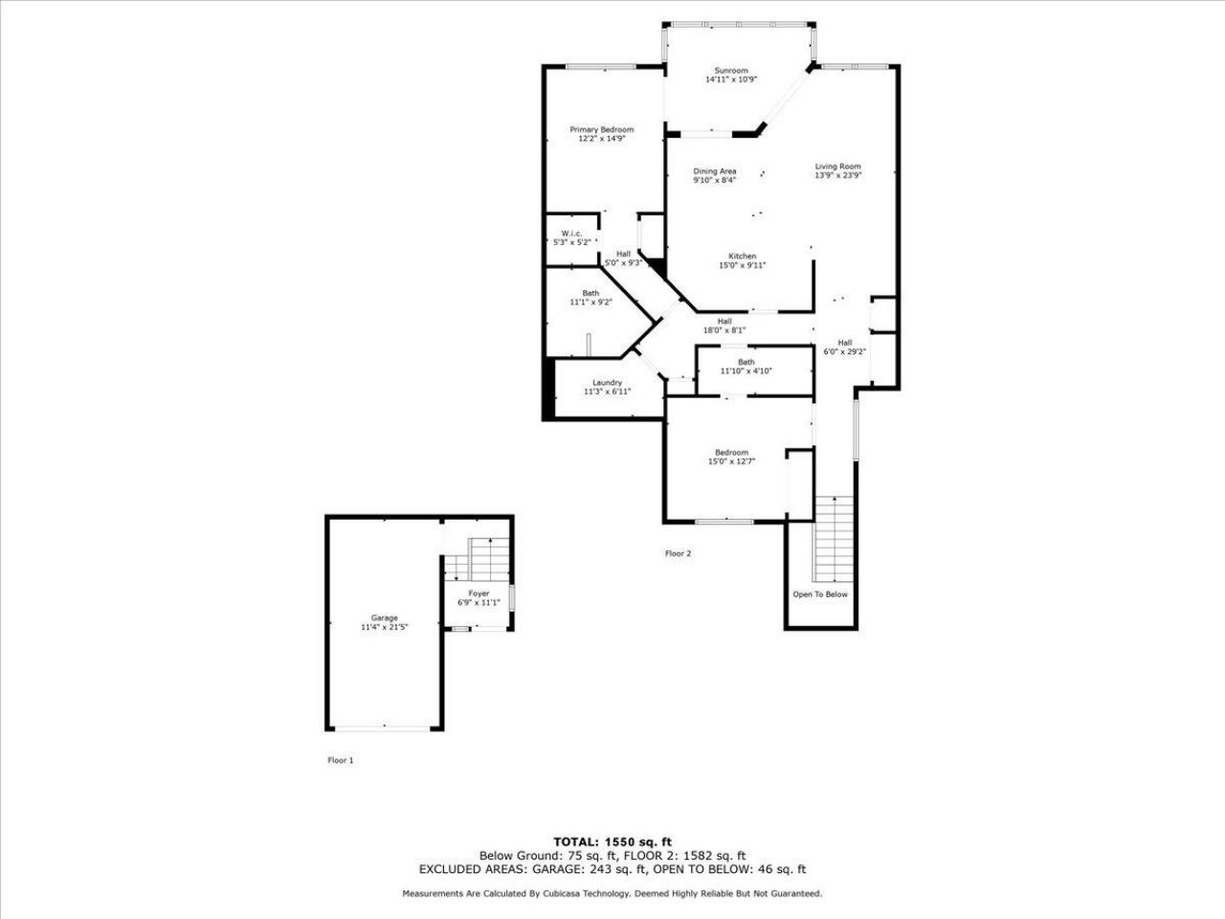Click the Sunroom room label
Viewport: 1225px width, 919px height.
(x=731, y=71)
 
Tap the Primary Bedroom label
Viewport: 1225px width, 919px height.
(x=602, y=130)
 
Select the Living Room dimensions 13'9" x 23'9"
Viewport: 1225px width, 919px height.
(x=838, y=175)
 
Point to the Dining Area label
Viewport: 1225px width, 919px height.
(x=715, y=171)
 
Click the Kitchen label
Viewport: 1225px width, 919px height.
(x=743, y=257)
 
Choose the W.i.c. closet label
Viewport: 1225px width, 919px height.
(x=572, y=235)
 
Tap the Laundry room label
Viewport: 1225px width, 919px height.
(x=607, y=383)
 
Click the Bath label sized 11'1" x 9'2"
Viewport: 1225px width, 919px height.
(x=590, y=293)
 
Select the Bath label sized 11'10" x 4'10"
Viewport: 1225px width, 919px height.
(x=746, y=362)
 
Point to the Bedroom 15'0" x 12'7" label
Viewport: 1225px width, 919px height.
(x=731, y=453)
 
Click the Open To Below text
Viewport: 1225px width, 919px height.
(x=820, y=594)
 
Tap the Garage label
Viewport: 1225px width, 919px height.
(x=385, y=618)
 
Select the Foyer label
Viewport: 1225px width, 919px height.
(x=479, y=594)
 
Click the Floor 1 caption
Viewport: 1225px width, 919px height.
(x=341, y=760)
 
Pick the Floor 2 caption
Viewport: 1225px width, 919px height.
(x=678, y=553)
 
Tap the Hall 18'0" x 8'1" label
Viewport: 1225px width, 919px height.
(x=724, y=322)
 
